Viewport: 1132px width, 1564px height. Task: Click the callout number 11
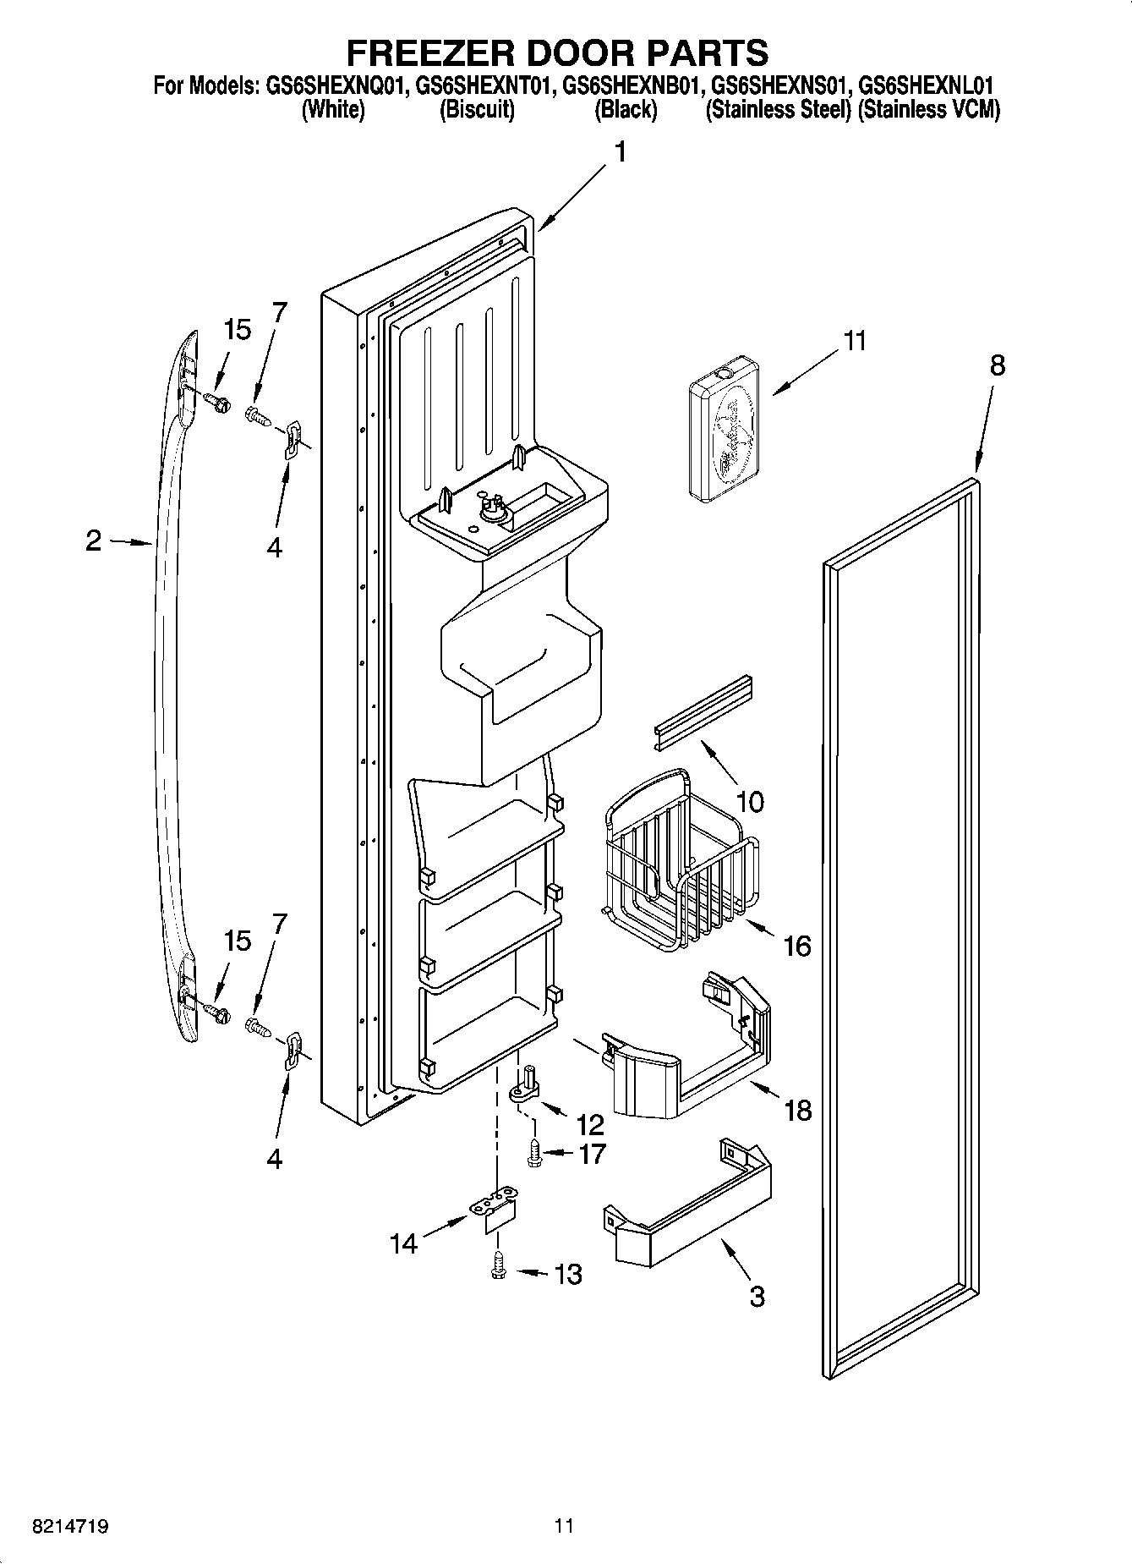(855, 341)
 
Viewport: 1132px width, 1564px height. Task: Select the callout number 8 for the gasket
(998, 365)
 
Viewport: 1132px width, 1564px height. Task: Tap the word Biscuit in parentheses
(477, 110)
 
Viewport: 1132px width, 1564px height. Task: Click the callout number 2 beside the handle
(93, 541)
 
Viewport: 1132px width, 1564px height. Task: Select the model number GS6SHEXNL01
(925, 85)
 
